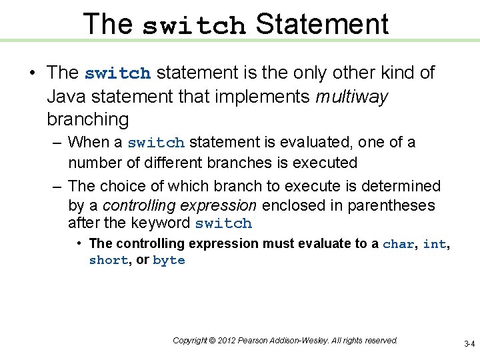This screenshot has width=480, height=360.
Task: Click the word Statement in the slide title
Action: coord(321,24)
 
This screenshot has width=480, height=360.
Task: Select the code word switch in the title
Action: coord(194,25)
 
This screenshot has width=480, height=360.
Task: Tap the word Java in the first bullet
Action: coord(67,97)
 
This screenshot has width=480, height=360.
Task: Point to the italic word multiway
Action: coord(351,97)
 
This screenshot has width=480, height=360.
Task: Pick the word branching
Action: coord(87,120)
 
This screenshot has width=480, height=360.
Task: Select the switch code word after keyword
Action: coord(223,223)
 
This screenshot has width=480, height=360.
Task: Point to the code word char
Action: coord(398,244)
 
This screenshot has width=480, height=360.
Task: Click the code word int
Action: coord(434,244)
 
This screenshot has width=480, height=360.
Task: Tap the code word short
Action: coord(108,261)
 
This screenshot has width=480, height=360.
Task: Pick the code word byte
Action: coord(169,261)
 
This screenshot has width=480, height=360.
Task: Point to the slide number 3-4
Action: coord(469,344)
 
